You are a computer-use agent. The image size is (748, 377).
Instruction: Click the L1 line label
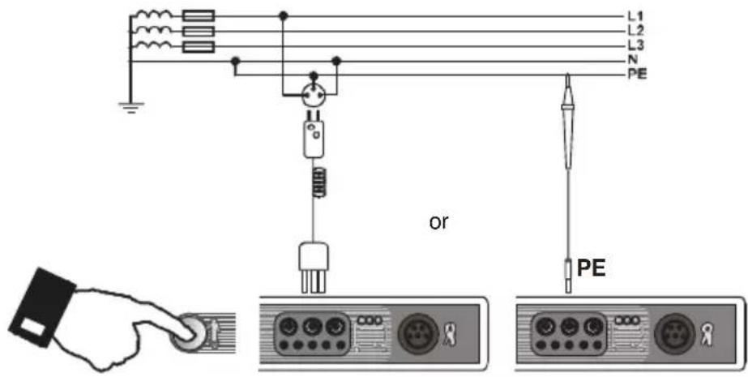point(636,16)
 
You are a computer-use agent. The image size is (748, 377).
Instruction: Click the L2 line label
point(636,32)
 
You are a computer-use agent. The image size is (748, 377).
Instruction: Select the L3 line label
point(636,47)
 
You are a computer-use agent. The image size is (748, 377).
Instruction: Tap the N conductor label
point(632,62)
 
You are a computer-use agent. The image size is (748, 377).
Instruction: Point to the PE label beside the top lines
point(637,75)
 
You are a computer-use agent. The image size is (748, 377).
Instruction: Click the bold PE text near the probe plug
point(592,269)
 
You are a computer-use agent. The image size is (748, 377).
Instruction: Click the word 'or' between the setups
point(439,223)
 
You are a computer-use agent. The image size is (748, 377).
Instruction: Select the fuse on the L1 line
point(199,17)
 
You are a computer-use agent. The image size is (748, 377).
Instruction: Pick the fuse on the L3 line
point(199,47)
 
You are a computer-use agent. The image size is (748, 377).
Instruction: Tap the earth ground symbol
point(130,107)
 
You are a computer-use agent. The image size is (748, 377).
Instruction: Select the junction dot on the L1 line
point(284,17)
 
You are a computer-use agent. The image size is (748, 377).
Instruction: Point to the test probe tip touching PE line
point(568,76)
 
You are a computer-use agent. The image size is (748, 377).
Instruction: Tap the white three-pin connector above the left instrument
point(314,268)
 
